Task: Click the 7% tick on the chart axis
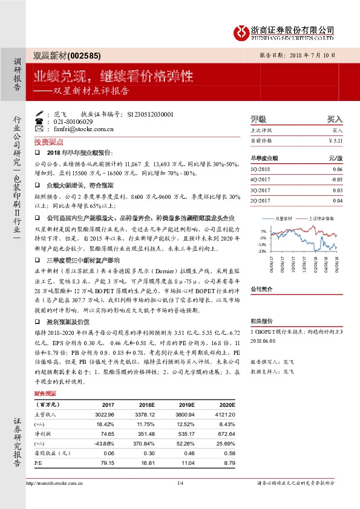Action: (x=263, y=232)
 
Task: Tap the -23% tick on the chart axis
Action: (x=261, y=250)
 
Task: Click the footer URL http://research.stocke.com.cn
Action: (x=54, y=483)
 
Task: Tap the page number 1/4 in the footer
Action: (x=180, y=483)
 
